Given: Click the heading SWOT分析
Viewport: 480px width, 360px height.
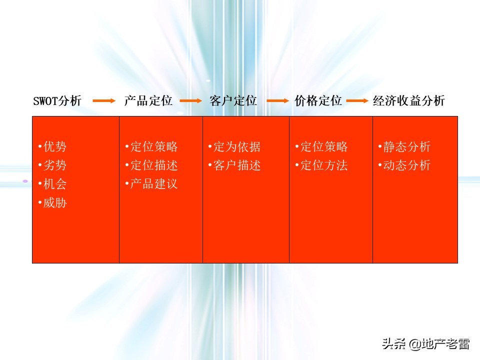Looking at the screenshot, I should [x=57, y=101].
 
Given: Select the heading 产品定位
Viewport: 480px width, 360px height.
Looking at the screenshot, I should [x=148, y=101].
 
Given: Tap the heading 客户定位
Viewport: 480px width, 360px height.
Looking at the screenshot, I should [x=233, y=101].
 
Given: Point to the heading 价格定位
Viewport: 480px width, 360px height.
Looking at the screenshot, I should [x=318, y=101].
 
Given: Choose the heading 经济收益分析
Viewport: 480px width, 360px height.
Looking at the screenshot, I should [x=408, y=101].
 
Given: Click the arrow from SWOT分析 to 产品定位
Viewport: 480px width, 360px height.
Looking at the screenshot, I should [x=104, y=101].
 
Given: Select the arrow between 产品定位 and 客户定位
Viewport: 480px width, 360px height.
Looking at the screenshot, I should [x=190, y=101].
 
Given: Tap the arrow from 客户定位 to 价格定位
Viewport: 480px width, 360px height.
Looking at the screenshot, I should [x=278, y=101].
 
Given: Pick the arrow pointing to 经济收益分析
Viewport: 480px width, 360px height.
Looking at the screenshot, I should [x=357, y=101].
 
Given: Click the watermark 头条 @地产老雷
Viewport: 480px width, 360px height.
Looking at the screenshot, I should [x=425, y=344].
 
